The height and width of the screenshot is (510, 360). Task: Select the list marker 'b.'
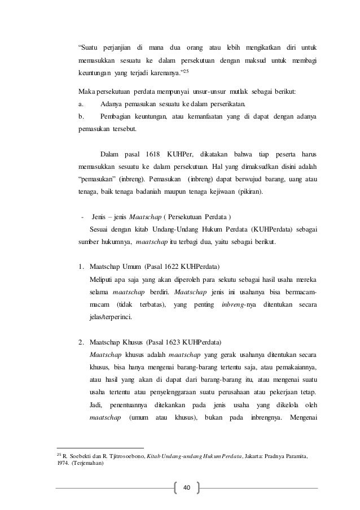[x=82, y=116]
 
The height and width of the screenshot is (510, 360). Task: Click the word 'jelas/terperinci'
[x=111, y=317]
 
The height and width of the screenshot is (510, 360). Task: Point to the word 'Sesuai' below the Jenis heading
[x=100, y=229]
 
